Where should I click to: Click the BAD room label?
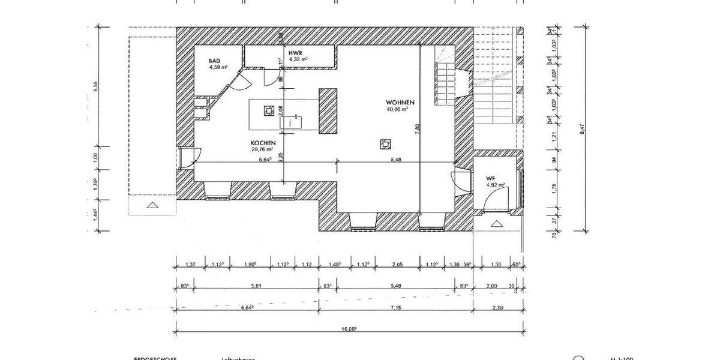click(x=214, y=61)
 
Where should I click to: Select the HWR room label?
click(x=295, y=53)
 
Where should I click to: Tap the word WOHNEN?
click(x=400, y=103)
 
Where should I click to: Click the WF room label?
click(x=490, y=178)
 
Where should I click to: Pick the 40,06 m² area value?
click(x=397, y=110)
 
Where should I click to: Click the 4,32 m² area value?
click(x=298, y=60)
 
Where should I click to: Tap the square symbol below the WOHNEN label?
click(x=384, y=143)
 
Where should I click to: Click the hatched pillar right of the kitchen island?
click(x=328, y=112)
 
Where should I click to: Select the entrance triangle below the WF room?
click(x=496, y=224)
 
